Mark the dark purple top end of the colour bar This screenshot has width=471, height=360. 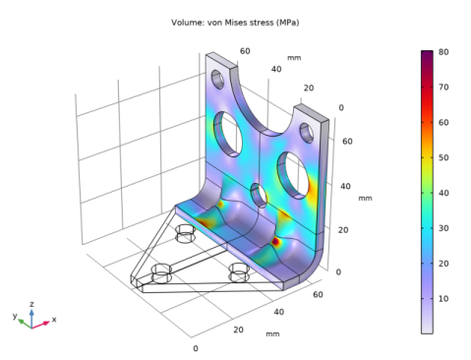click(426, 53)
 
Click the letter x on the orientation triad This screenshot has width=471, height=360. click(53, 320)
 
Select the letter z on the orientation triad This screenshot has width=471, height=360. click(33, 304)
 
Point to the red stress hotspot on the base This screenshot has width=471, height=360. click(276, 240)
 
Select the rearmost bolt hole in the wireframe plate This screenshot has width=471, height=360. click(185, 234)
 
